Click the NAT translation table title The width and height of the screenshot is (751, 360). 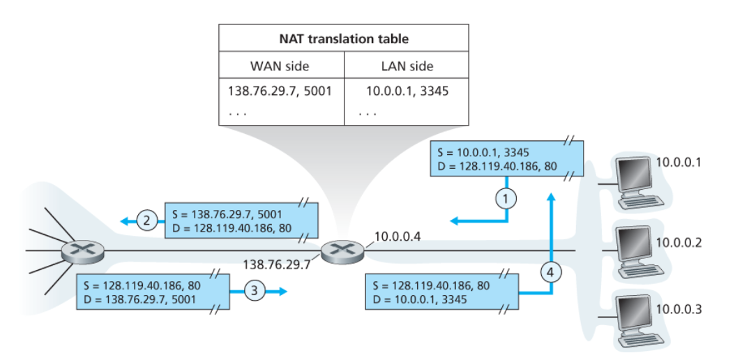344,38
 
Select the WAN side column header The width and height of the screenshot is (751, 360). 280,67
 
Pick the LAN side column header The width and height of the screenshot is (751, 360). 407,67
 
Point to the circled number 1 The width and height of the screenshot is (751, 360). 508,199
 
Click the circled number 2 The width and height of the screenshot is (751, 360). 146,221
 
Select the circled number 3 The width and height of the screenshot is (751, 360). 257,292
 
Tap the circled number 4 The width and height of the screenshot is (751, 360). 552,271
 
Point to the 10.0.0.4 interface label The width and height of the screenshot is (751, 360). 397,237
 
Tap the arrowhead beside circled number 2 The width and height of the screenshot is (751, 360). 123,221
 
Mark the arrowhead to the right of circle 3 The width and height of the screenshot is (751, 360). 282,292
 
